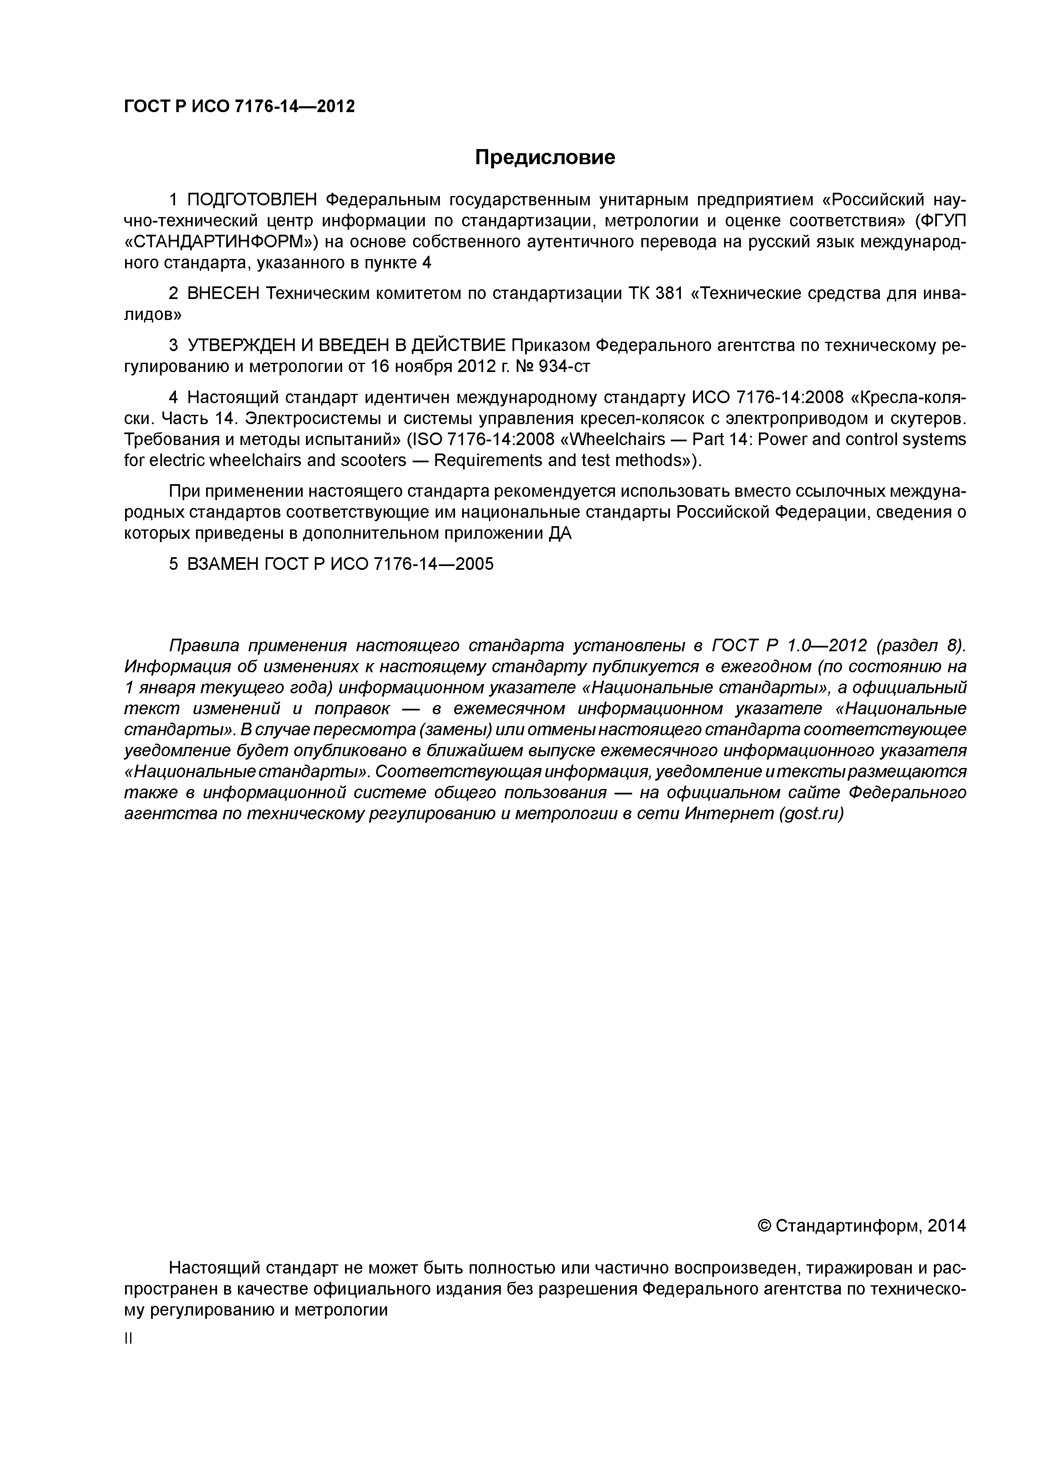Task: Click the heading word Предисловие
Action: (x=544, y=157)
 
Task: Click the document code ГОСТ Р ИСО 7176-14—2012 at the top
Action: (x=239, y=107)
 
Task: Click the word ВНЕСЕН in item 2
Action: (x=223, y=294)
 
